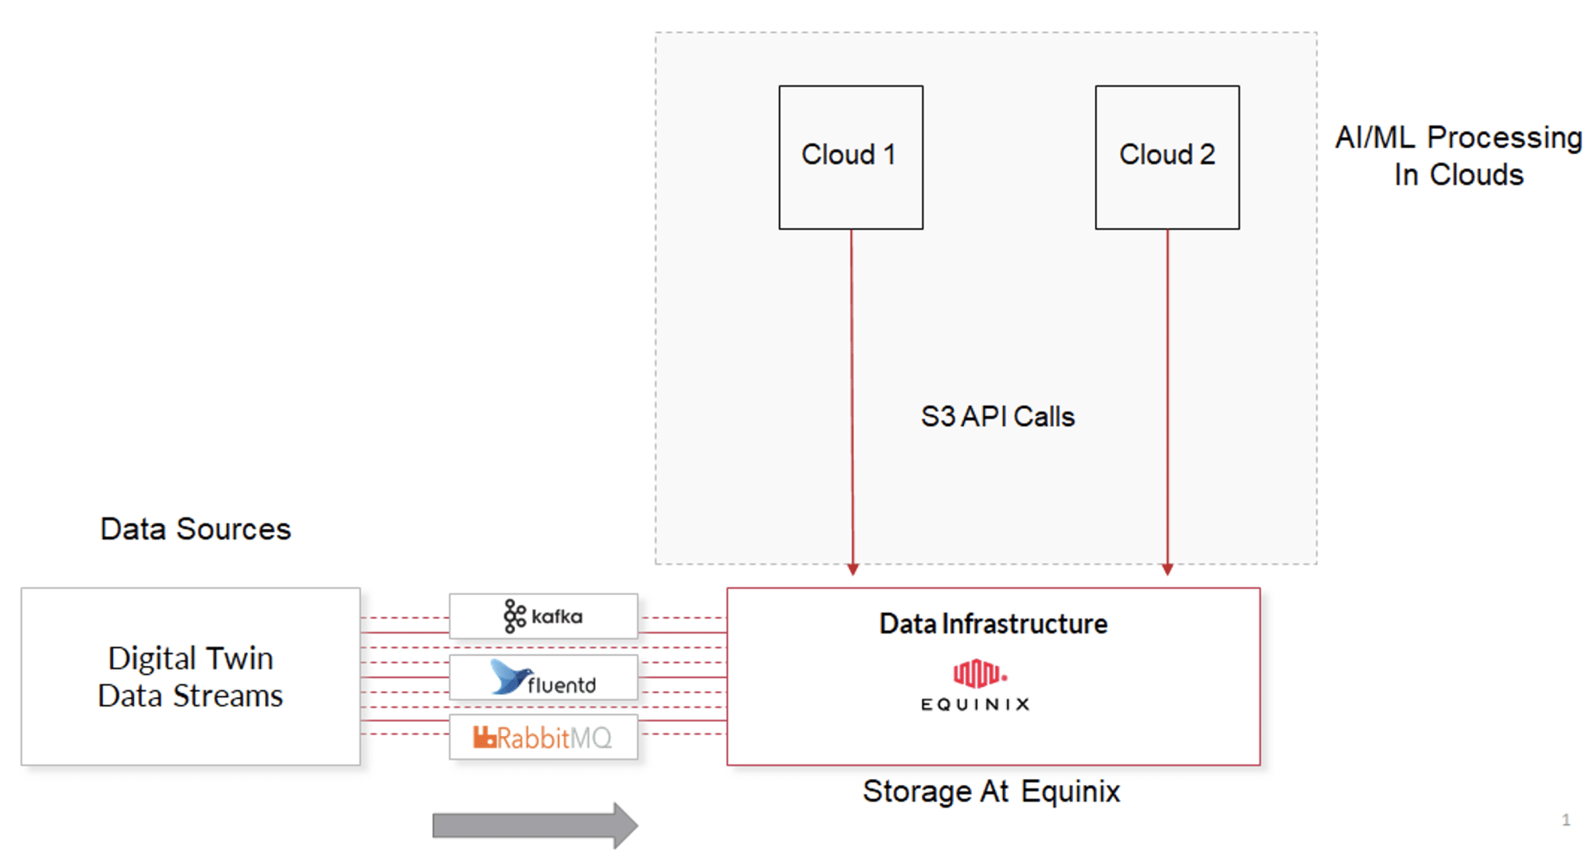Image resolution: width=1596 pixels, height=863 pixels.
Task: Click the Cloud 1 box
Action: click(x=850, y=157)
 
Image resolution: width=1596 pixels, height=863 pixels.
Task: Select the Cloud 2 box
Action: click(x=1167, y=157)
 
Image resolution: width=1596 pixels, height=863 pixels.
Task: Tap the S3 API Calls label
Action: click(x=997, y=417)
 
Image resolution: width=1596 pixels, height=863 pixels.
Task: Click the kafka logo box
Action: click(x=543, y=616)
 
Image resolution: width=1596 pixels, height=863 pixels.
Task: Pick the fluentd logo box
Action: click(x=543, y=677)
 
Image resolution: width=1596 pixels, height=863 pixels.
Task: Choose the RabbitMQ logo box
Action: click(x=543, y=737)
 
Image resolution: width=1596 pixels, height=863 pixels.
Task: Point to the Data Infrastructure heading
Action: click(x=993, y=624)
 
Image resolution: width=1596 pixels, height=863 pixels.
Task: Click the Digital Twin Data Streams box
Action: click(x=190, y=676)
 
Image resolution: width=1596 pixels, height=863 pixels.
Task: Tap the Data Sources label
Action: click(x=195, y=529)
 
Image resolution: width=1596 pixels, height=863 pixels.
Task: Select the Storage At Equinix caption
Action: click(x=990, y=791)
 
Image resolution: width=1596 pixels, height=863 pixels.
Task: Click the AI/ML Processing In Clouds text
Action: click(x=1458, y=156)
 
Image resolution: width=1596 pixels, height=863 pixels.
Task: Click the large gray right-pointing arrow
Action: click(x=535, y=825)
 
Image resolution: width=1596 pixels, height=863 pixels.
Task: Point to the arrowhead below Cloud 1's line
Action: click(x=853, y=569)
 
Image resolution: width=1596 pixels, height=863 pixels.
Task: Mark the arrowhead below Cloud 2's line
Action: click(x=1167, y=569)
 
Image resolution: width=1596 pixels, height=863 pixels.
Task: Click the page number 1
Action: click(x=1566, y=819)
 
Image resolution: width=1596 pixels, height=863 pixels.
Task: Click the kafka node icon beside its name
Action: click(x=514, y=616)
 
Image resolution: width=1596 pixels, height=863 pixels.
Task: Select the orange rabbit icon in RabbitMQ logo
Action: click(x=484, y=737)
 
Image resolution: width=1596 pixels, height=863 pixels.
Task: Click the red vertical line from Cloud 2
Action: click(x=1167, y=389)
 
